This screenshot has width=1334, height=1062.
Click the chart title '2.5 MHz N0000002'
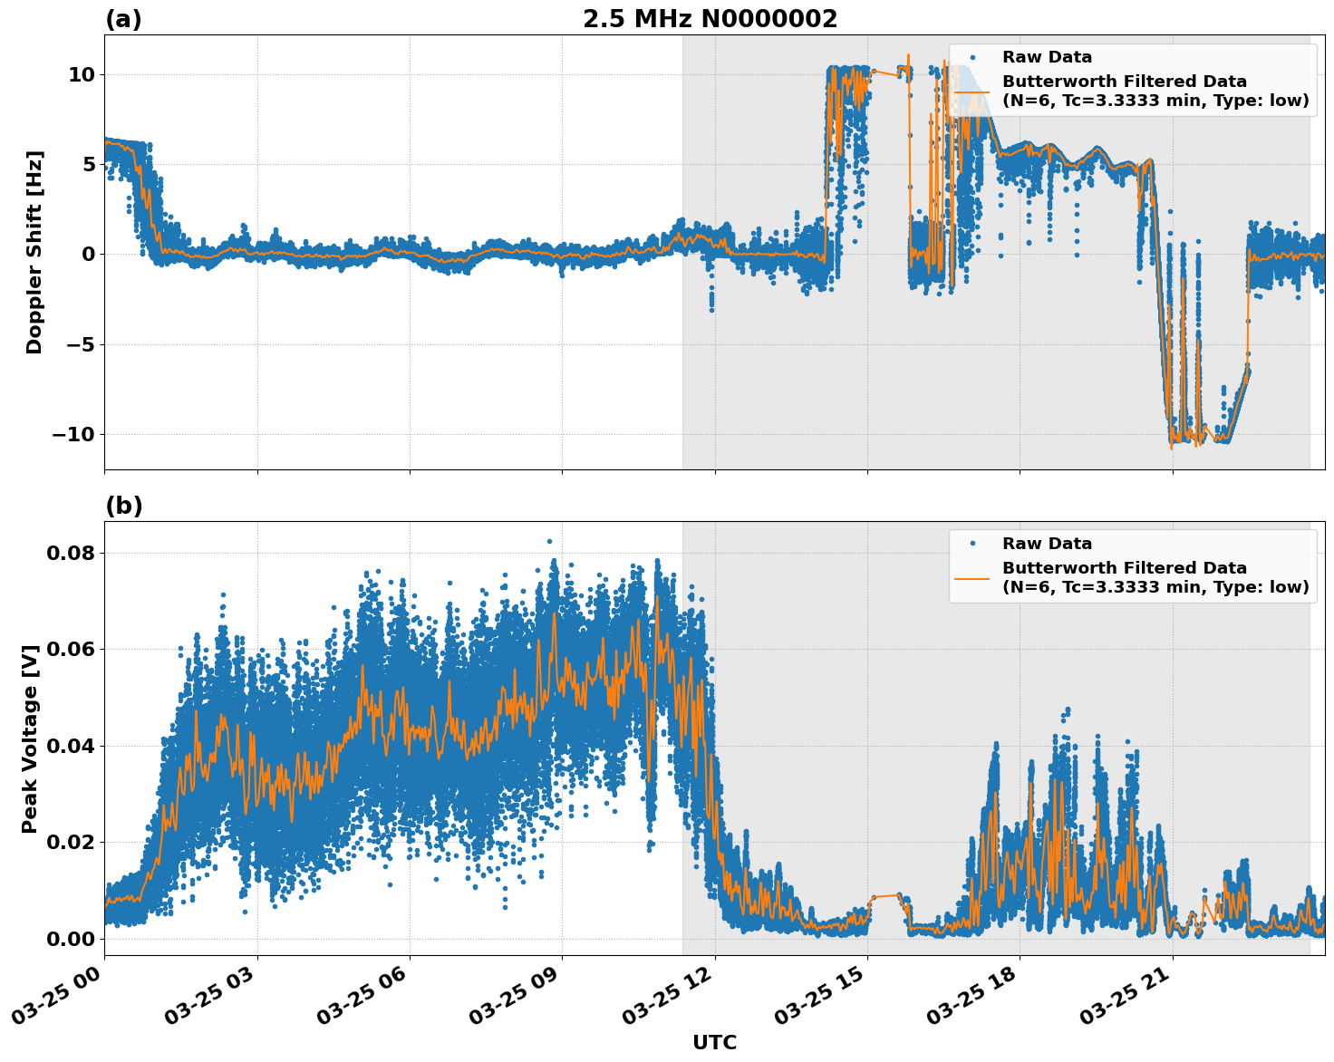click(710, 19)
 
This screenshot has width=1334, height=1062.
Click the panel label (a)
click(123, 19)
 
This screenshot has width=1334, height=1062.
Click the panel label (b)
click(123, 506)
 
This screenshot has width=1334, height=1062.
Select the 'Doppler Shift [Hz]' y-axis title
click(34, 252)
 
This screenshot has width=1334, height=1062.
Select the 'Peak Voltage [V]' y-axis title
click(31, 739)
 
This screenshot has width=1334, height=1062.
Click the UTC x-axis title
click(714, 1042)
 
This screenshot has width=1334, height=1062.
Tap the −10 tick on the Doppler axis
click(72, 434)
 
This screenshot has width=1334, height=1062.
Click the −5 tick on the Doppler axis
click(77, 344)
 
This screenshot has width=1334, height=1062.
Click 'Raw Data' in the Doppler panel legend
click(1047, 57)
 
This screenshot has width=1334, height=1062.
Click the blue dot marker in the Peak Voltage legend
click(972, 544)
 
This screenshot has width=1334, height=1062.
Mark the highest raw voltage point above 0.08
click(549, 541)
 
